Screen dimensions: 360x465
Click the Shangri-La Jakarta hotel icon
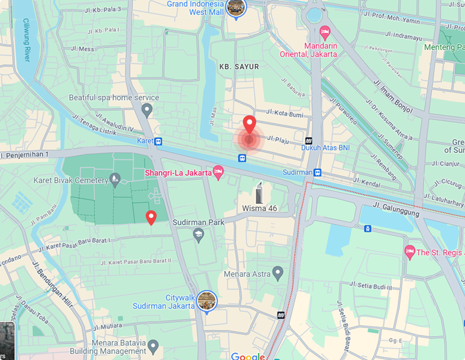[218, 172]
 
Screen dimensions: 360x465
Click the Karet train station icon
[158, 141]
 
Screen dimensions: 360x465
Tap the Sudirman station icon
[317, 173]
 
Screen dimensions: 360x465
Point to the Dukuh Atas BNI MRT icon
[309, 140]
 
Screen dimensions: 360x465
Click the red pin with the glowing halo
[249, 126]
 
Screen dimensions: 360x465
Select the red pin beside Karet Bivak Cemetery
[151, 217]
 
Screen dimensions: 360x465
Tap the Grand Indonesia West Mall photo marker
[236, 8]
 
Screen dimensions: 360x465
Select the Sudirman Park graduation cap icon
[199, 235]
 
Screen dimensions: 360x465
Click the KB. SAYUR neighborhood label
[239, 67]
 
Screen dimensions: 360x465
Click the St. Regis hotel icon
[410, 251]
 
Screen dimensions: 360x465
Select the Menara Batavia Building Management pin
[153, 346]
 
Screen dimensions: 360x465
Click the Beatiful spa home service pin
[146, 110]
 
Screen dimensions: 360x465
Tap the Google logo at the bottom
[247, 357]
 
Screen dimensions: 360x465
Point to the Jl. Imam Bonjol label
[393, 97]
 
